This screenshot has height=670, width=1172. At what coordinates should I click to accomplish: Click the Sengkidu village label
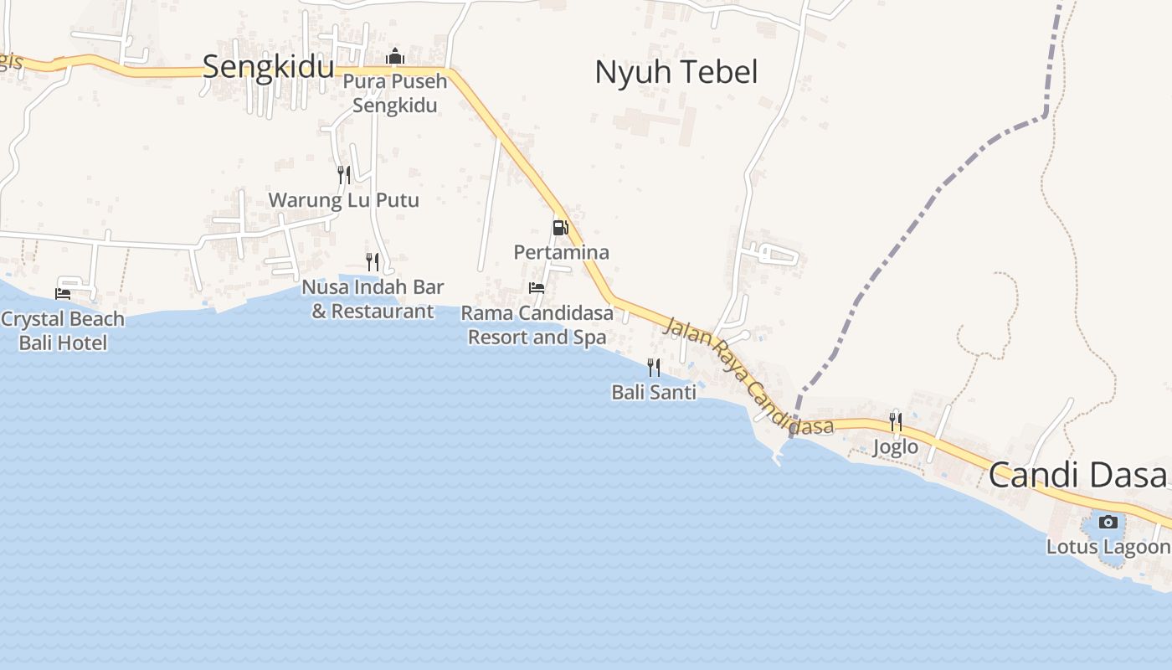point(268,67)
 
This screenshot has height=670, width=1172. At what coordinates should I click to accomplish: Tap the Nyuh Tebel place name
point(676,72)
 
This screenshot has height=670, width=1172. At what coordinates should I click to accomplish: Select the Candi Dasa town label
point(1077,475)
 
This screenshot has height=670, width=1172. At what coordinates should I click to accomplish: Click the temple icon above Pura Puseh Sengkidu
point(394,57)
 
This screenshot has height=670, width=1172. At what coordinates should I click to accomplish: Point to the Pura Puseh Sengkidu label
point(394,94)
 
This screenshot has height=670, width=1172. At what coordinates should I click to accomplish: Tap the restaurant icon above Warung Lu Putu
point(344,174)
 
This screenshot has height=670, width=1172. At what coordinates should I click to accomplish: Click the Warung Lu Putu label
point(343,200)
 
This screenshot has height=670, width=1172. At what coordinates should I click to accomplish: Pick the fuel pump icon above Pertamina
point(560,227)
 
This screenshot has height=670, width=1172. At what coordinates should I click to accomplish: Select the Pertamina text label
point(561,252)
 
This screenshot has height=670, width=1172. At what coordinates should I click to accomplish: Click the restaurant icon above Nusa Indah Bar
point(373,261)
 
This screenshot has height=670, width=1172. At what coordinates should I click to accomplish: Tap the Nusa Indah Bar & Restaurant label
point(373,299)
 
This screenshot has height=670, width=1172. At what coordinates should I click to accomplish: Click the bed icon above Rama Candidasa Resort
point(537,288)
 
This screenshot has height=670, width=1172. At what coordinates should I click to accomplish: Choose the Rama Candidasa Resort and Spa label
point(537,325)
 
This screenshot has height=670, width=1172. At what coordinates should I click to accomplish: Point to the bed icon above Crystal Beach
point(63,293)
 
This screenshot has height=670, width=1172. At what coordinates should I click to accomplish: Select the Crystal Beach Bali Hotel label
point(63,330)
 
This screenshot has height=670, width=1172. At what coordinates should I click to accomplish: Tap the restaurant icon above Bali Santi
point(654,367)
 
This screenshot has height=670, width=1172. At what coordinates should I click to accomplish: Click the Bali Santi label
point(654,392)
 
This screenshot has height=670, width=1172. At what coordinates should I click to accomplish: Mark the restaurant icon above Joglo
point(896,420)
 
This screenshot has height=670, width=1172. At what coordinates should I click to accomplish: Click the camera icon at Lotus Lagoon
point(1108,522)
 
